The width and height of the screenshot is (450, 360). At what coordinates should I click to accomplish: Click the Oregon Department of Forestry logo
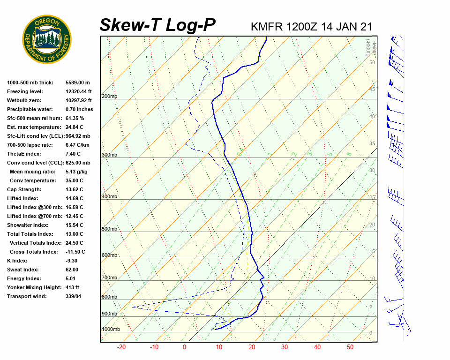47,39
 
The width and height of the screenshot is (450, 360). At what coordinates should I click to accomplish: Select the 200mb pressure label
110,97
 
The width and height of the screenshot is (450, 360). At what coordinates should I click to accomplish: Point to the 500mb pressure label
110,229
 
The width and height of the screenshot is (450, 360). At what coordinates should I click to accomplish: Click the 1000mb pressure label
111,330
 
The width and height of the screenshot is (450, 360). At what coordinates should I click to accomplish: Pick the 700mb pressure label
110,278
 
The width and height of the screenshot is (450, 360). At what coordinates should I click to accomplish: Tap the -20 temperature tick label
121,347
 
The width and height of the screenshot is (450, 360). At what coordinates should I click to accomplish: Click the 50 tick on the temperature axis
350,347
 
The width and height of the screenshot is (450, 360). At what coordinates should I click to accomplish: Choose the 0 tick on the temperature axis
184,347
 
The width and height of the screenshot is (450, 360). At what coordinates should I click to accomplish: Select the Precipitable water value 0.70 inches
79,109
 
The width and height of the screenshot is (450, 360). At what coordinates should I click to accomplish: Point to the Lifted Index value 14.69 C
74,198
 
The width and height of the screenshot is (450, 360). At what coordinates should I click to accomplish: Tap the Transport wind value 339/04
74,296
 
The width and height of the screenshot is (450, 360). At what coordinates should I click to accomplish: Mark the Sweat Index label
23,270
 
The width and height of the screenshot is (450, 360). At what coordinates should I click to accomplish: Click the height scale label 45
372,89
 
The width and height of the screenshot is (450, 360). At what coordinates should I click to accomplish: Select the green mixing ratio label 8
349,154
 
